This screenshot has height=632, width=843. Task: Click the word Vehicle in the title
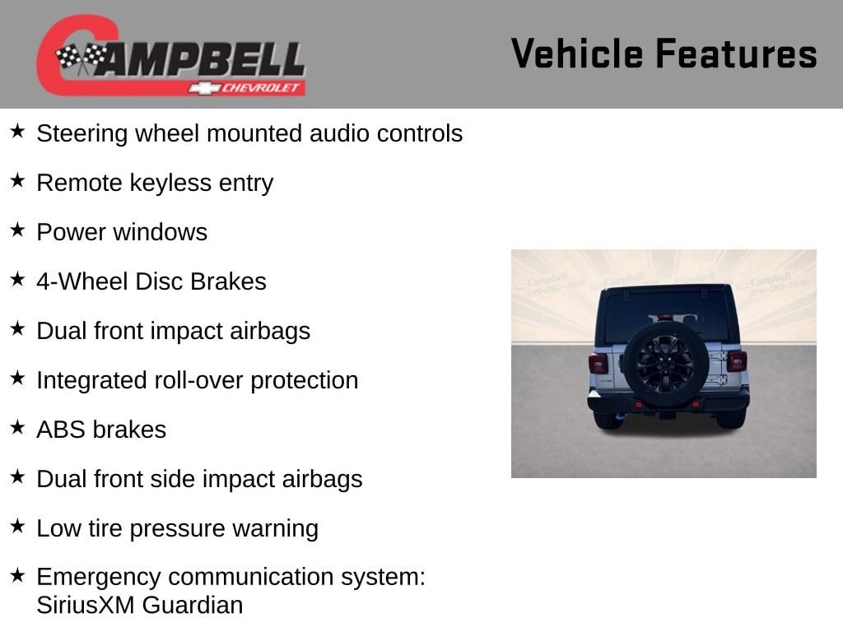pos(577,53)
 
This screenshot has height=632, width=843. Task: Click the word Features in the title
pos(737,53)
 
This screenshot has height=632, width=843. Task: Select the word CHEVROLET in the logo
pos(260,87)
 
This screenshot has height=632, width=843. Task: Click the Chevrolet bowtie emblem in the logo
pos(204,88)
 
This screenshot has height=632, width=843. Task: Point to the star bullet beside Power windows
pos(18,230)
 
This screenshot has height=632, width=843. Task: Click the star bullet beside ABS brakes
pos(18,427)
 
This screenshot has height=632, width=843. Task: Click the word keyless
pos(170,183)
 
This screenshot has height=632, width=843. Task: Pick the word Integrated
pos(92,381)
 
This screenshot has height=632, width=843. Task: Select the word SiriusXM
pos(85,605)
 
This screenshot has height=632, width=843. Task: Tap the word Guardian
pos(193,605)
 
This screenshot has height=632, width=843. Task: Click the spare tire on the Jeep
pos(665,364)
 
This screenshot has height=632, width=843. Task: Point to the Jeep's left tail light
pos(598,364)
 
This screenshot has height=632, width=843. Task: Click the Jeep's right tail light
pos(736,361)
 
